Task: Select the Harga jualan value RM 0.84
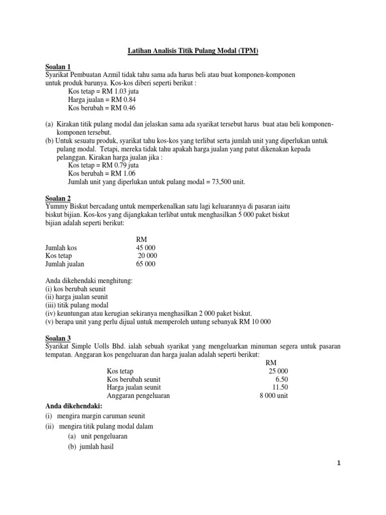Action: coord(123,100)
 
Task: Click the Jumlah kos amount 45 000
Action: coord(146,248)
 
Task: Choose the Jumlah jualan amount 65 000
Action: coord(146,264)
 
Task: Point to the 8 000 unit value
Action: coord(273,395)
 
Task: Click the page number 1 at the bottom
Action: coord(339,464)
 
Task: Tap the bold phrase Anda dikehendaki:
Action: coord(74,406)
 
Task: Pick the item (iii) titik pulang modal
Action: coord(77,305)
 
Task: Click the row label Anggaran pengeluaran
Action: coord(138,395)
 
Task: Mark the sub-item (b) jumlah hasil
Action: coord(91,446)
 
